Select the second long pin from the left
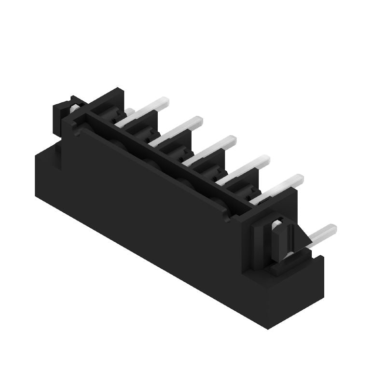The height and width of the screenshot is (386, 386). coord(176,130)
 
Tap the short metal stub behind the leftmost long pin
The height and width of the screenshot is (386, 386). coord(129,112)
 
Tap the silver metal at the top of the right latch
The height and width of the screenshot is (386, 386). coord(277,223)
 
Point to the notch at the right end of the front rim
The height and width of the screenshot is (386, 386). coord(227,217)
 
